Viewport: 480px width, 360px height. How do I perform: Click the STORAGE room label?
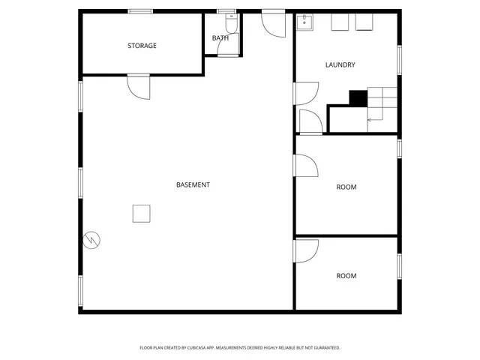pos(142,46)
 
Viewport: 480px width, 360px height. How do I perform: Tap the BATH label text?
pos(220,37)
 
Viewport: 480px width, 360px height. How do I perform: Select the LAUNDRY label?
pos(340,65)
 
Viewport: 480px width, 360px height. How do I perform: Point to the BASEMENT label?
pos(193,184)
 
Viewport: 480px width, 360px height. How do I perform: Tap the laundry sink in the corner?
pos(304,22)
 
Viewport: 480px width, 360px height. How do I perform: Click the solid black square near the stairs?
pos(358,97)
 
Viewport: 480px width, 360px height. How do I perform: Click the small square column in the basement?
pos(142,213)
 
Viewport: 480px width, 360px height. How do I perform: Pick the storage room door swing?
pos(139,87)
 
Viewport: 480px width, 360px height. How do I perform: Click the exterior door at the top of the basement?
pos(273,24)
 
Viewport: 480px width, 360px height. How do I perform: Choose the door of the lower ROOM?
pos(307,250)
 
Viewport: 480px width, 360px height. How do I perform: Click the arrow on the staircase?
pos(370,119)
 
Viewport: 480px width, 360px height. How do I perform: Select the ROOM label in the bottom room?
pos(346,276)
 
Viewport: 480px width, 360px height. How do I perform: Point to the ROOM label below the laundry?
pos(346,187)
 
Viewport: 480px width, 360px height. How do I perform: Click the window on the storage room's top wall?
pos(140,10)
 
